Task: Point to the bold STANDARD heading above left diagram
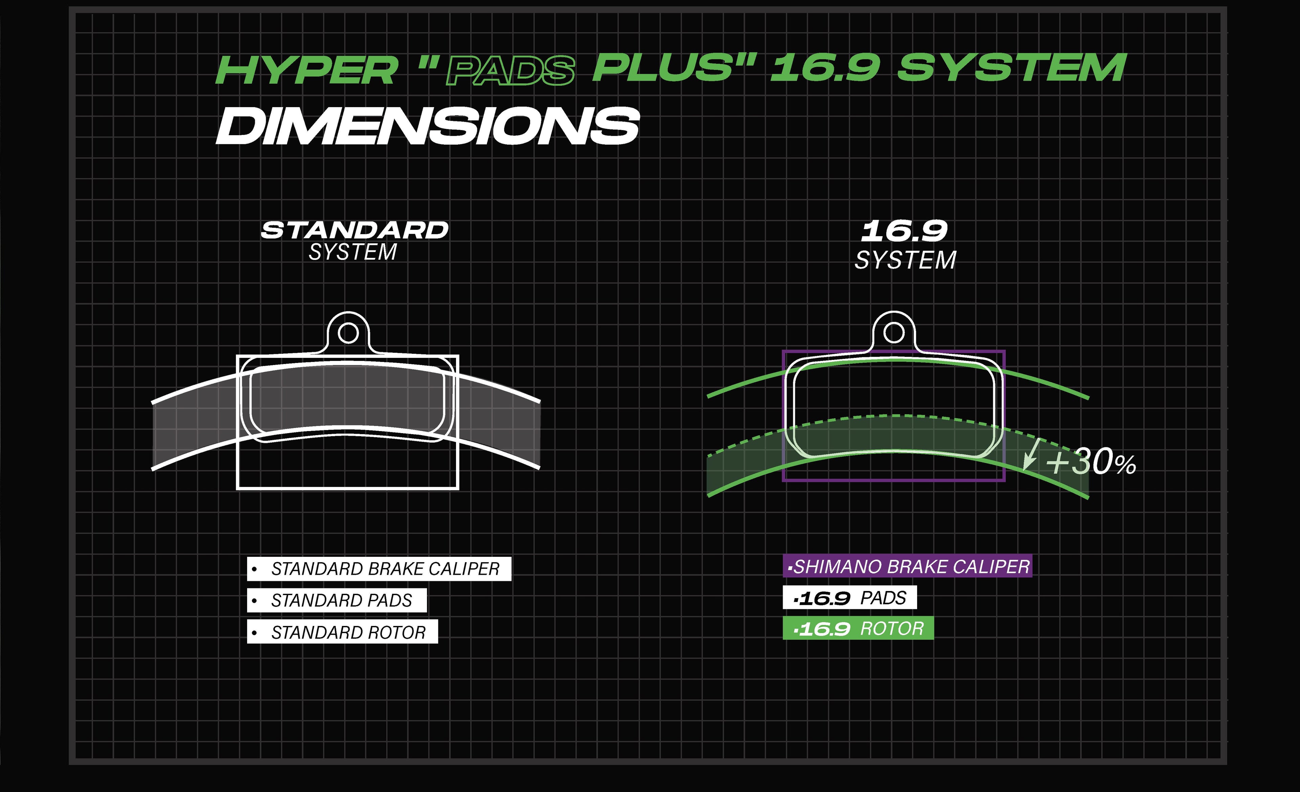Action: [354, 230]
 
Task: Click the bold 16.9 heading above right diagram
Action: [904, 231]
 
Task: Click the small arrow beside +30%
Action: [1030, 454]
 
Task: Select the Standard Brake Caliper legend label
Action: [379, 569]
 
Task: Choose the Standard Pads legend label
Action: [337, 600]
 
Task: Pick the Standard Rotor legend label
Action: [342, 632]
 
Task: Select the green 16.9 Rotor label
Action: [858, 628]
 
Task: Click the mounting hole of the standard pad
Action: [348, 333]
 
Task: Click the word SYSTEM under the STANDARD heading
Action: [352, 252]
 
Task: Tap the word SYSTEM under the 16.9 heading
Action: [905, 260]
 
